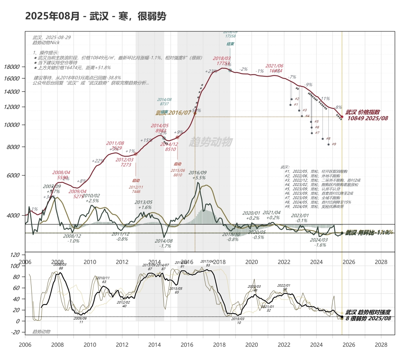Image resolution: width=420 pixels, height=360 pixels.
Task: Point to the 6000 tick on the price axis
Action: [13, 175]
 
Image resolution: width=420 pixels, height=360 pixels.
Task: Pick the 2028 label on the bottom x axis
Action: [381, 344]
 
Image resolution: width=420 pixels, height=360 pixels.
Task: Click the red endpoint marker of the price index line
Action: [342, 117]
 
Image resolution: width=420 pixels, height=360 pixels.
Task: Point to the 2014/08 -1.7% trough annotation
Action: [165, 243]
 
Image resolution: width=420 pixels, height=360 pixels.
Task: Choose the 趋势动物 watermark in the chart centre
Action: [210, 142]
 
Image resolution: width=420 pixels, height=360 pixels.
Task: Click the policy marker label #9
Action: [334, 144]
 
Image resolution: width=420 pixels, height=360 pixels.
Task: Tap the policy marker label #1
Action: [296, 105]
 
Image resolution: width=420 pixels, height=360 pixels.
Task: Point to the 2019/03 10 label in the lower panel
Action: [238, 321]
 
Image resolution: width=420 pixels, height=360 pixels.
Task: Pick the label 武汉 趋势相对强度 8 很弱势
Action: [368, 315]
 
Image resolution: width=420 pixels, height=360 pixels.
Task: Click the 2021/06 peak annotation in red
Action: [275, 68]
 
